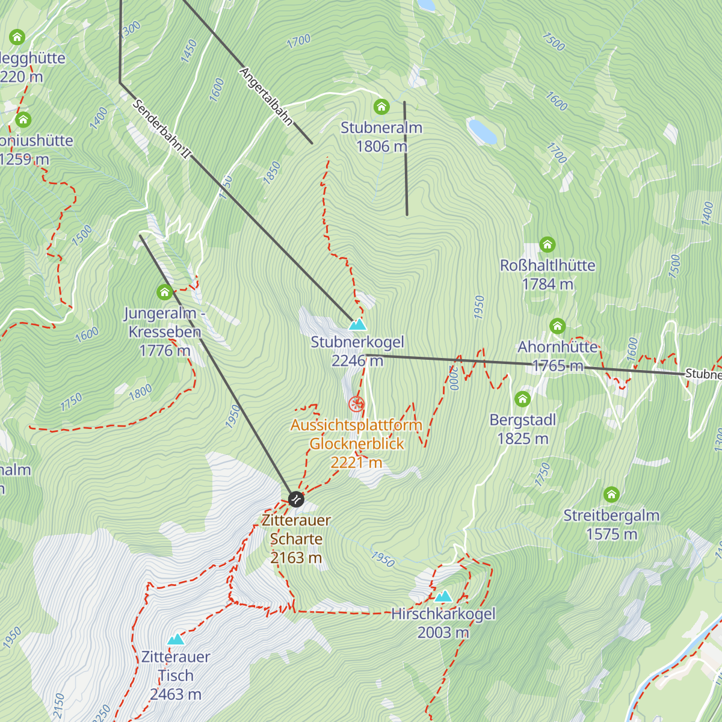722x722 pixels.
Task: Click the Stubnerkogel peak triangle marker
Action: click(x=357, y=325)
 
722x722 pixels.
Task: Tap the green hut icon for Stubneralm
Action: click(x=381, y=107)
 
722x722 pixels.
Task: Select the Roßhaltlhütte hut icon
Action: click(x=547, y=245)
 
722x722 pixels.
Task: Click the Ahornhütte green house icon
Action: click(x=557, y=326)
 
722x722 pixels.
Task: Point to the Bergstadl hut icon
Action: click(x=522, y=399)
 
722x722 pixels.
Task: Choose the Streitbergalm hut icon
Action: click(x=611, y=495)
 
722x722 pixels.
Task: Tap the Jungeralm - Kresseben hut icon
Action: click(x=164, y=292)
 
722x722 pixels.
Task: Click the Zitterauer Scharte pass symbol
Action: click(x=296, y=499)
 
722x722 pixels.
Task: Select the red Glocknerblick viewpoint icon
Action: click(x=357, y=404)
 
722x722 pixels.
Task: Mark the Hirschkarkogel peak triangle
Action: click(x=443, y=596)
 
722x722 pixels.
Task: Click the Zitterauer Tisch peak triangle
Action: click(x=176, y=639)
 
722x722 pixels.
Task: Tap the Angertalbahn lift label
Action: click(x=266, y=96)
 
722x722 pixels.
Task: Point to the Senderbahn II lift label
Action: click(x=161, y=129)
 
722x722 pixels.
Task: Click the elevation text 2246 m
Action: click(x=357, y=360)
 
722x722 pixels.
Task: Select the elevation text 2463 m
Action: click(x=176, y=694)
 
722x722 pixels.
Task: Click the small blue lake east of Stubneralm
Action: click(x=482, y=131)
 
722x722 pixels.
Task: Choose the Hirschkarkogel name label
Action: click(x=443, y=614)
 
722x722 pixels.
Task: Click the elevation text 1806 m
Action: click(x=381, y=146)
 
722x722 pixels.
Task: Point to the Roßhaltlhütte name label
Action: click(x=548, y=265)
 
